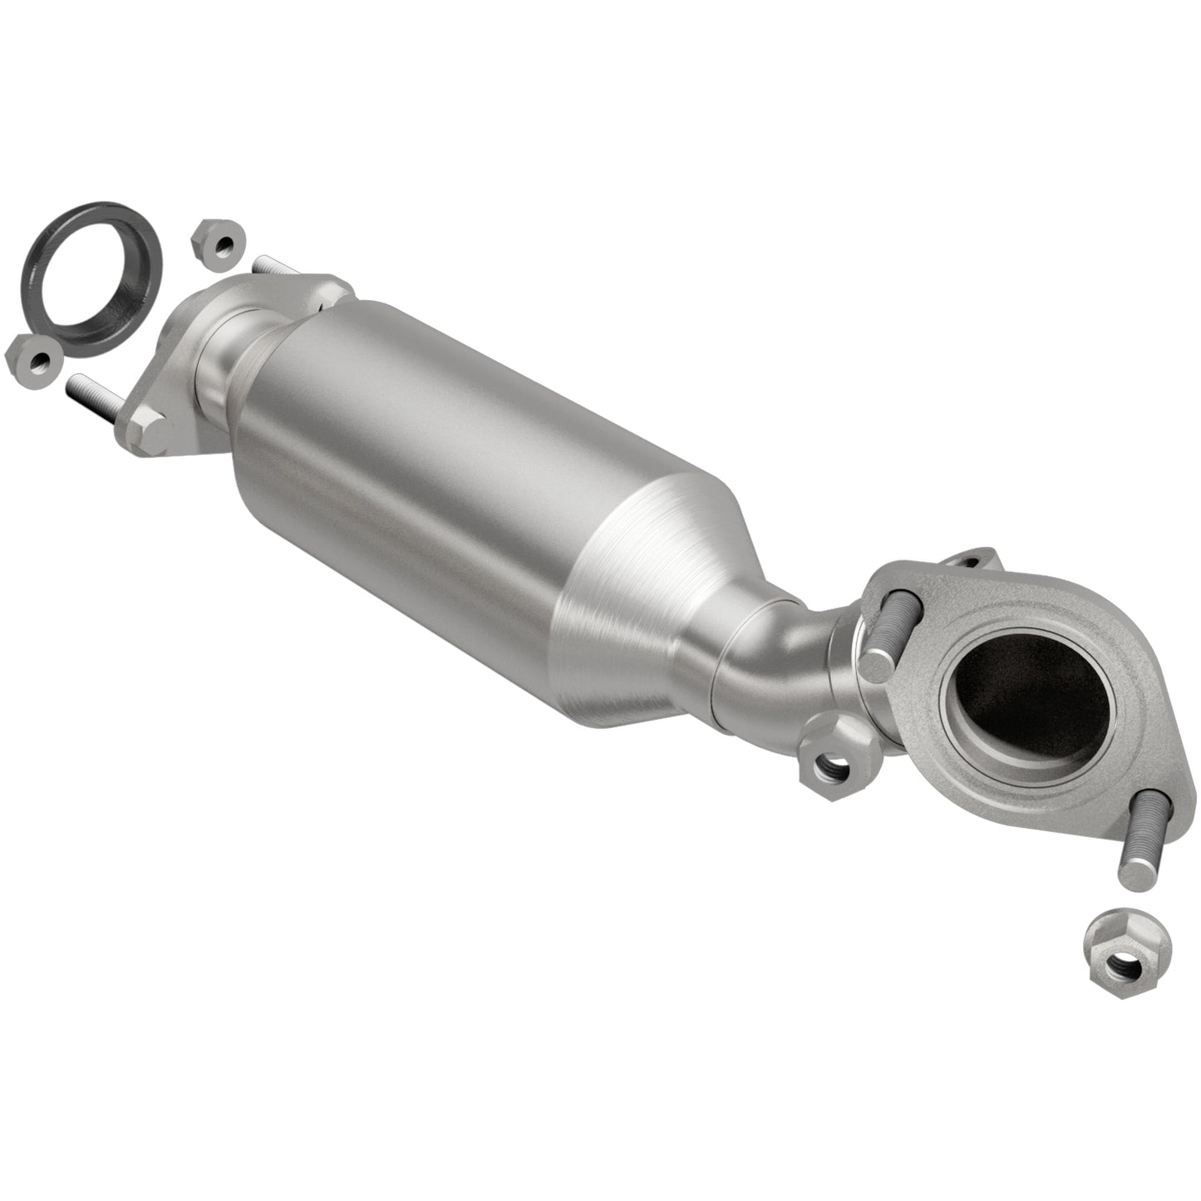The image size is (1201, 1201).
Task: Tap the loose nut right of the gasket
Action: tap(219, 243)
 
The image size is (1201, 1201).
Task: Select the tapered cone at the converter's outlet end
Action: tap(657, 607)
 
